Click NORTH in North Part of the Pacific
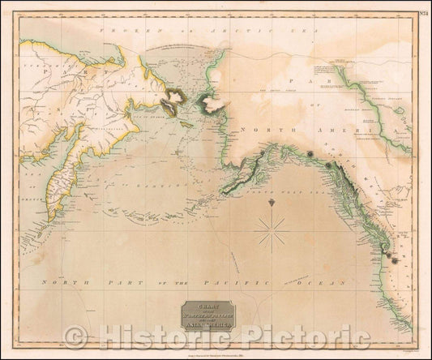[x=55, y=280]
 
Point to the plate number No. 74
[x=420, y=11]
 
